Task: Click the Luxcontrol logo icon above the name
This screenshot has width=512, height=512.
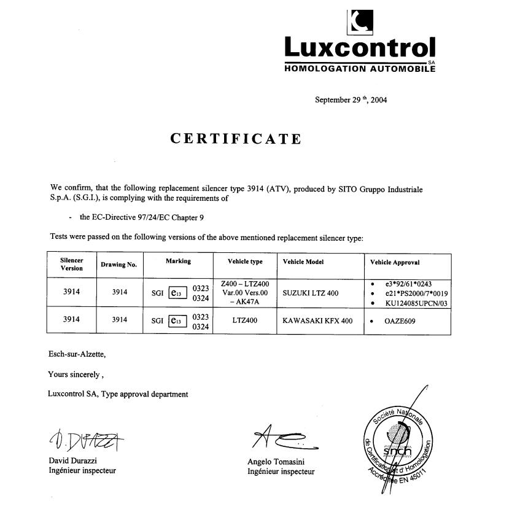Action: [359, 21]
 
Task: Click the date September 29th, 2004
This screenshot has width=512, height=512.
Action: [351, 99]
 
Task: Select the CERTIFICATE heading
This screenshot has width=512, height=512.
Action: [236, 139]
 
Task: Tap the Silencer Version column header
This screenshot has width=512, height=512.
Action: [71, 265]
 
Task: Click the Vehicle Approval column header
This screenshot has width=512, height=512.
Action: [395, 262]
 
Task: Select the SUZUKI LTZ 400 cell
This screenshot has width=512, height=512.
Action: [310, 293]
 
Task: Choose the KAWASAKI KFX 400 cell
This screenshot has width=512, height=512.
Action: [317, 320]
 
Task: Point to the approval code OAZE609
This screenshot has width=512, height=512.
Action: [401, 320]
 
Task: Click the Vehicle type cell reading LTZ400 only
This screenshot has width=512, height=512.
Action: [244, 320]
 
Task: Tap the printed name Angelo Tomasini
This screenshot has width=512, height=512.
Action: [276, 462]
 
